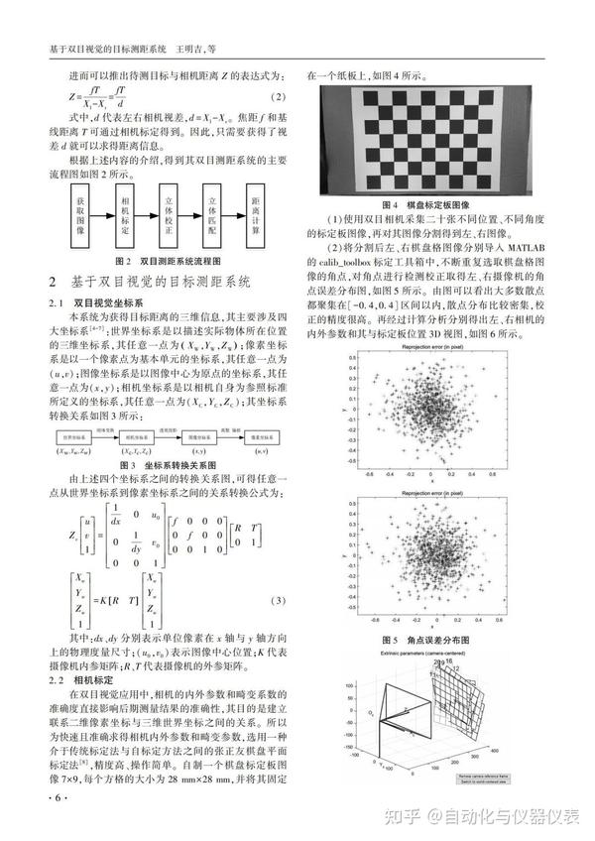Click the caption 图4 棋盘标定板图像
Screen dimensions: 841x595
(x=437, y=204)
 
